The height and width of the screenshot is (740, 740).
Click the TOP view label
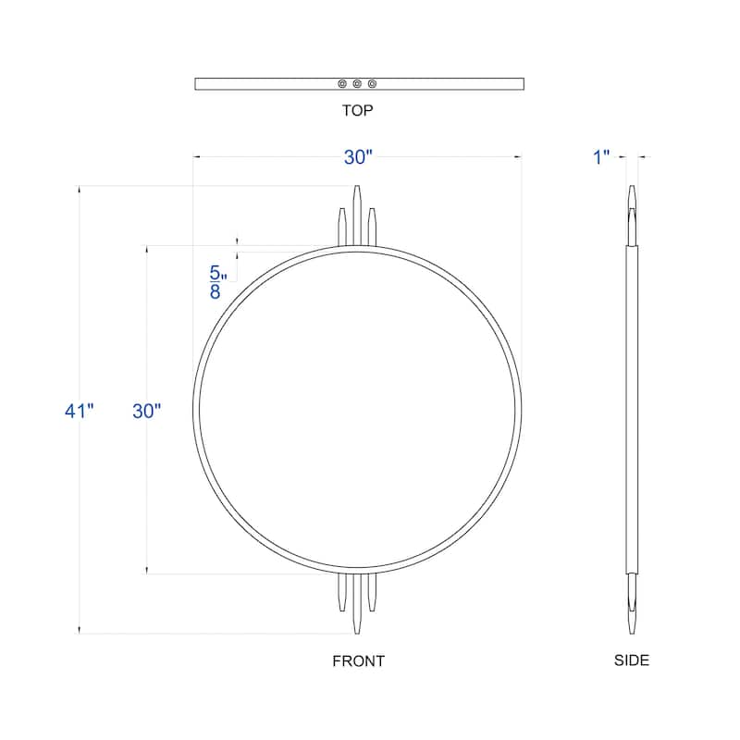[x=357, y=110]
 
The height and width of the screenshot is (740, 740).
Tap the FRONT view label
[x=358, y=660]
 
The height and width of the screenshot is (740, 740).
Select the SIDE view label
[x=632, y=660]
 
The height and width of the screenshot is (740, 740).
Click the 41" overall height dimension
[x=80, y=411]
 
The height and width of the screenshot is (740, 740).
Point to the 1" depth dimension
[x=602, y=158]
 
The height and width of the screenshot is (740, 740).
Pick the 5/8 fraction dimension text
[x=216, y=282]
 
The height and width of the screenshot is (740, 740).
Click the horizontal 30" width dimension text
[x=358, y=158]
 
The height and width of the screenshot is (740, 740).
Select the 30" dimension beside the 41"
[x=146, y=411]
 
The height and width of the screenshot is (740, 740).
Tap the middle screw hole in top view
[x=357, y=84]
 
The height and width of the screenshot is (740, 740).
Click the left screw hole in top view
[x=342, y=84]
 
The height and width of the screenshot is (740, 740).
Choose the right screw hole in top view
[x=372, y=84]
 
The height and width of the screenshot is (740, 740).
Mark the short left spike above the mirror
[x=343, y=227]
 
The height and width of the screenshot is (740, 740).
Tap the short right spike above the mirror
[x=372, y=227]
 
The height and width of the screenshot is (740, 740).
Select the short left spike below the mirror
[x=343, y=592]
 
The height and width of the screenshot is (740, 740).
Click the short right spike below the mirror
[x=372, y=592]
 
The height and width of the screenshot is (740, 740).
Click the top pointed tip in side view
[x=632, y=196]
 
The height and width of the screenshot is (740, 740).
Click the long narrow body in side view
[x=632, y=411]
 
